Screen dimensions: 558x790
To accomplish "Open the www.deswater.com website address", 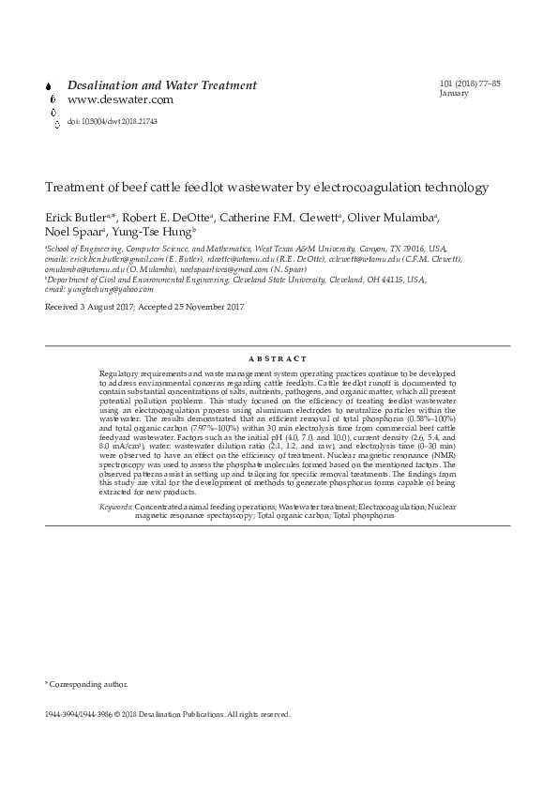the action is click(120, 100).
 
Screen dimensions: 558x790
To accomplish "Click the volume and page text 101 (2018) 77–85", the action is click(470, 84).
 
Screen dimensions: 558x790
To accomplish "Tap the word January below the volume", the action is click(454, 94).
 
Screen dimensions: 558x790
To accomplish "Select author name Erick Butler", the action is click(75, 218).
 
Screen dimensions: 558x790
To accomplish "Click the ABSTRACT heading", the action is click(278, 359).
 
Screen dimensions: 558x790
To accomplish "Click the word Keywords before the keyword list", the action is click(116, 507).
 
